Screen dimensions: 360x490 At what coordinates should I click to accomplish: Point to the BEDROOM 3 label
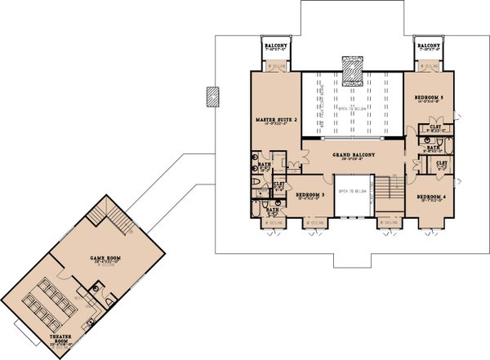point(310,195)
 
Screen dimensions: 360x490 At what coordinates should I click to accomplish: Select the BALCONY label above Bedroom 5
point(430,46)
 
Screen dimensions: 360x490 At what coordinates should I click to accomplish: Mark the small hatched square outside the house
point(212,96)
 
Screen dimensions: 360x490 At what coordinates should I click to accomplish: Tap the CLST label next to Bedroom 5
point(432,127)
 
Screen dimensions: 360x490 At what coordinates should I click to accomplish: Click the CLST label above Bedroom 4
point(442,163)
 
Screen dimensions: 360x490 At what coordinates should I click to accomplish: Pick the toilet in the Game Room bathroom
point(96,288)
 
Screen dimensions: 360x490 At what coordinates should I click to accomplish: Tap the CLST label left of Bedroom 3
point(278,184)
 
